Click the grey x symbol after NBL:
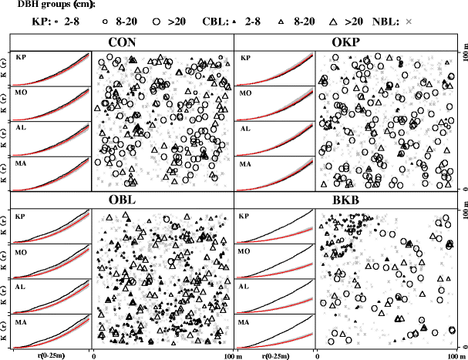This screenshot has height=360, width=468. [x=409, y=23]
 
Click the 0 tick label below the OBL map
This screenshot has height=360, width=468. [x=94, y=355]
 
